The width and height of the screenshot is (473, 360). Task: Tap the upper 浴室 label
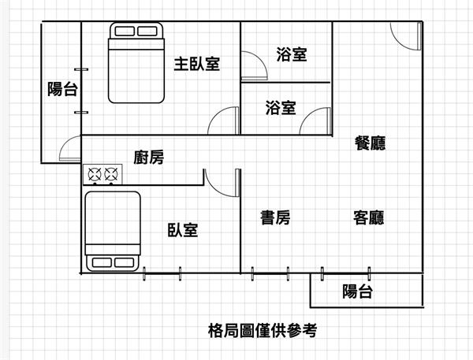tap(292, 54)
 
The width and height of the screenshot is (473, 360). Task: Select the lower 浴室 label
tap(281, 108)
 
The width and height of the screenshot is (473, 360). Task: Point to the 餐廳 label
tap(370, 143)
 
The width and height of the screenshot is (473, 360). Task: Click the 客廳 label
tap(368, 218)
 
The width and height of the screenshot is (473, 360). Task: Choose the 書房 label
tap(275, 218)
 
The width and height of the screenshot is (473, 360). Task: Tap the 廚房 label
tap(149, 158)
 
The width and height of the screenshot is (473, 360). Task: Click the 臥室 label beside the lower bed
tap(183, 230)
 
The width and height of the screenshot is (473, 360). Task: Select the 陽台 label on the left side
tap(62, 89)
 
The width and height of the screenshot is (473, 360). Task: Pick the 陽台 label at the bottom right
tap(357, 291)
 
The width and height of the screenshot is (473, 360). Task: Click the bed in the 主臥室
tap(136, 62)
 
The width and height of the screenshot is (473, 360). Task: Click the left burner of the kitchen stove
tap(96, 173)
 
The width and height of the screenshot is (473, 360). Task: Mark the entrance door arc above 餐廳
tap(404, 37)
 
